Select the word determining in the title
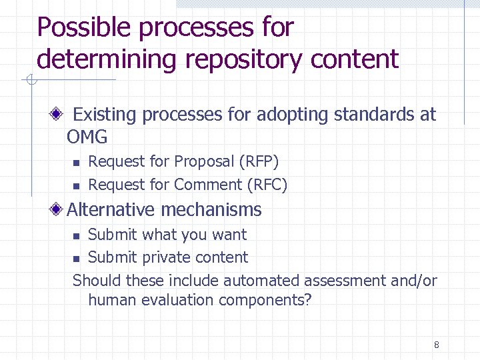pos(107,59)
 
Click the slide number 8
pos(436,345)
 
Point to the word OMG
pos(87,137)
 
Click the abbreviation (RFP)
pos(259,161)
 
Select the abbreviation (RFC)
pos(267,185)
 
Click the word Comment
pos(208,185)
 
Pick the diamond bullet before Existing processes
pos(58,115)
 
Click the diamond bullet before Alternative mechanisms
pos(58,209)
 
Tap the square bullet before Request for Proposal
pos(76,163)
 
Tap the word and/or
pos(414,281)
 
